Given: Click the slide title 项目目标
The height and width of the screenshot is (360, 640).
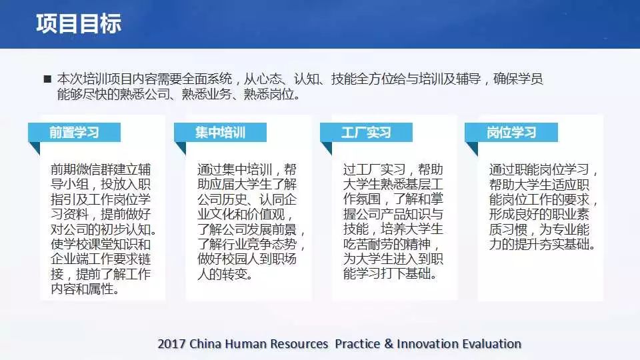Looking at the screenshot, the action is pos(79,23).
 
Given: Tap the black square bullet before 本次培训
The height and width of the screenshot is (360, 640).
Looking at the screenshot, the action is pos(47,79).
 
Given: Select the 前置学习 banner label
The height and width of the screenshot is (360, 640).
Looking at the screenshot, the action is pos(74,132).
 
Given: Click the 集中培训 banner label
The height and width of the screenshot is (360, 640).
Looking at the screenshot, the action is pos(220,132).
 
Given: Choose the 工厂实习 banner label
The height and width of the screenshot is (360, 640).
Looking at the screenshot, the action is pos(366,132).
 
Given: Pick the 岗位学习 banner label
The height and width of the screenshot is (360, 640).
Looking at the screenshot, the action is pos(511,132).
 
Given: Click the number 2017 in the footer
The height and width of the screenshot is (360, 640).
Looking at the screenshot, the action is pos(171,344).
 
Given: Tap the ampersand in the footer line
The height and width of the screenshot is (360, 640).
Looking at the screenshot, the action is pos(389,344).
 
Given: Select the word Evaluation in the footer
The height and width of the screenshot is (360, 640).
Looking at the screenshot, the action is pos(490,344).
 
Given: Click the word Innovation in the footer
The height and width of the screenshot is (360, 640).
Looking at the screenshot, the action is pos(426,344).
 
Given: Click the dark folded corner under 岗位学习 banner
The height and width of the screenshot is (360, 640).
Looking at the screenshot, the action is pos(472,149).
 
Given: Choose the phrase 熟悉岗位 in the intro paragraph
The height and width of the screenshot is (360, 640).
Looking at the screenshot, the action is pos(269,94).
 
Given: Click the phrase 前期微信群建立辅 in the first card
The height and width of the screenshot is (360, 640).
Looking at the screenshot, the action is pos(101,169).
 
